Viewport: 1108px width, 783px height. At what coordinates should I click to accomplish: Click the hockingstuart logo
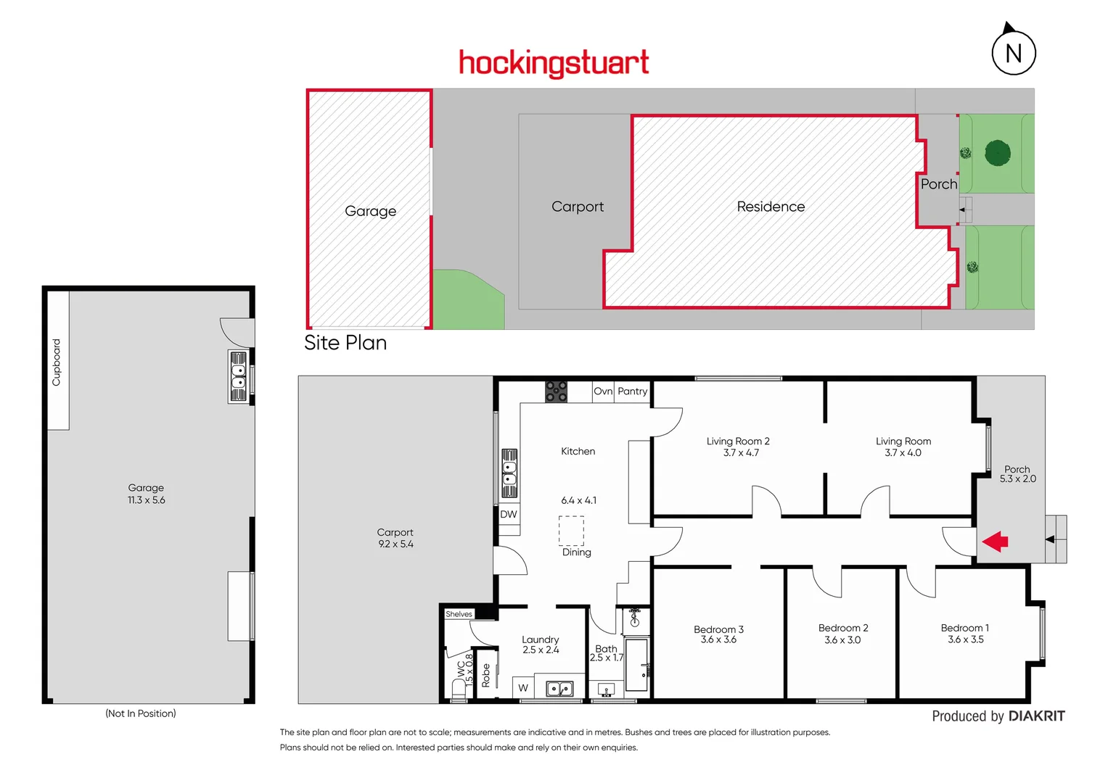point(554,63)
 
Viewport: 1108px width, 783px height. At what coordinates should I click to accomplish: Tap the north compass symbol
point(1013,52)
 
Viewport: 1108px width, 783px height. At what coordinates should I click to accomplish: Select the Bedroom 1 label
point(964,628)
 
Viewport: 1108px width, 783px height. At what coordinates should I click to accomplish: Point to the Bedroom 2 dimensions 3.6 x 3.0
point(842,640)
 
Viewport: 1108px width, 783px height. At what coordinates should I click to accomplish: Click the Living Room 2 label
point(738,441)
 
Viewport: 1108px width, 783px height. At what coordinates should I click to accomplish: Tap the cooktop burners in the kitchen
point(557,391)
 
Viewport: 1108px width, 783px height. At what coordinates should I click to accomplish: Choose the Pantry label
point(632,391)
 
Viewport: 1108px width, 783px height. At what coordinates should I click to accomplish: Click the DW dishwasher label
point(509,515)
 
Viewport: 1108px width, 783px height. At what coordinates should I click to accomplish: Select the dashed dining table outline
point(571,530)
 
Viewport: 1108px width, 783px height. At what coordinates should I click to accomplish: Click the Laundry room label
point(541,639)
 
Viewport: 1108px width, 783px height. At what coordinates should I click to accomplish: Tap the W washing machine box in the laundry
point(523,688)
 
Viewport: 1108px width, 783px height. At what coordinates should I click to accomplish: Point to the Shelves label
point(459,614)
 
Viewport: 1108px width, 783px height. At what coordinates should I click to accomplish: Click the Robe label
point(486,675)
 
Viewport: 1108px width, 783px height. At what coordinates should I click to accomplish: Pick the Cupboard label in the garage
point(57,362)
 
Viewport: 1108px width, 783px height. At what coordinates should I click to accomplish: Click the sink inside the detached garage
point(239,376)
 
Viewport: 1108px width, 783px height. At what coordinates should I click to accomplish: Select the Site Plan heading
point(345,343)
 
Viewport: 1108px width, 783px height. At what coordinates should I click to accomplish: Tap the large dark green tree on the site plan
point(998,153)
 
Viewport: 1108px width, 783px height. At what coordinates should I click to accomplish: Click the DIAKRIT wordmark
point(1036,716)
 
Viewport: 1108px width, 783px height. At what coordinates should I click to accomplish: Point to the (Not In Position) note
point(141,713)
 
